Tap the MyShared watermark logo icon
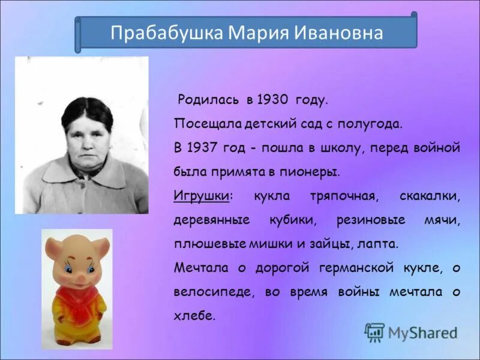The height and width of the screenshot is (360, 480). [374, 332]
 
